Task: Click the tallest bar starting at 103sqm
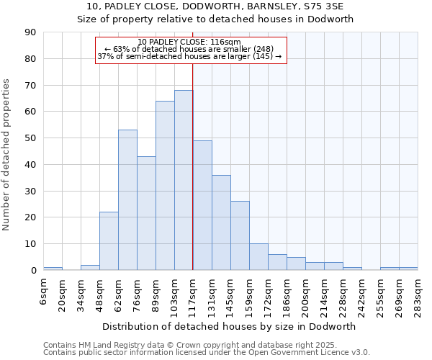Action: (184, 180)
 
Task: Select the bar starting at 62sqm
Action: (127, 200)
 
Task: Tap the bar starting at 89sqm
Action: (165, 186)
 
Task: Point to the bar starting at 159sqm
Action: (258, 257)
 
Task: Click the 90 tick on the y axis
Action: (31, 32)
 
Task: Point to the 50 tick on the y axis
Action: (31, 138)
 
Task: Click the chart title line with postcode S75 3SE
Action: (215, 6)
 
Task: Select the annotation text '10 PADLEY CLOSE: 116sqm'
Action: (189, 42)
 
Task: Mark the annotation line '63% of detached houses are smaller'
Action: (189, 49)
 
